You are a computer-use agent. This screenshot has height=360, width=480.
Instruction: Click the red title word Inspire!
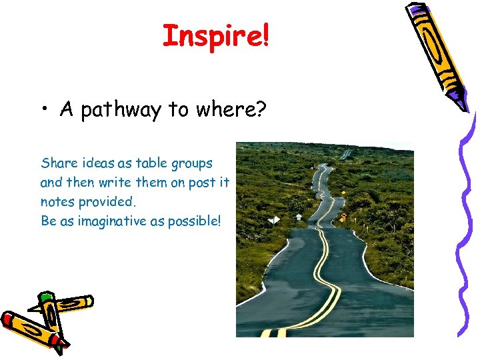pyautogui.click(x=216, y=36)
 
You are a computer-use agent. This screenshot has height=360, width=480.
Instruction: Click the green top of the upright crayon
pyautogui.click(x=46, y=297)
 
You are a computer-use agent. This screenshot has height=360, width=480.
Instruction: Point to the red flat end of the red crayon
pyautogui.click(x=8, y=318)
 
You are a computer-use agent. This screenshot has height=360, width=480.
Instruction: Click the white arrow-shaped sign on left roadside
pyautogui.click(x=298, y=217)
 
